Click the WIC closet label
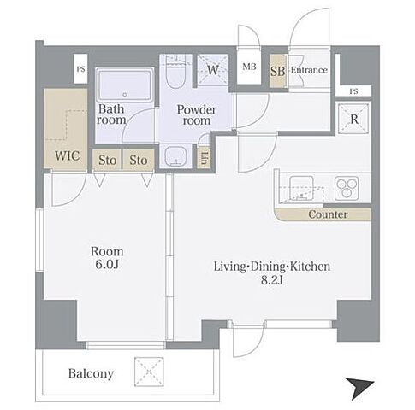(x=67, y=156)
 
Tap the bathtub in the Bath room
(x=125, y=85)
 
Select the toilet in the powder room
(x=175, y=72)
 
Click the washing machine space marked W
(x=213, y=70)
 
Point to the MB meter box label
(x=249, y=67)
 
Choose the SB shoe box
(x=278, y=71)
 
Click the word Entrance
(x=309, y=70)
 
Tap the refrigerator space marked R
(x=353, y=119)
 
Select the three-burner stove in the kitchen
(x=347, y=187)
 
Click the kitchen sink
(x=301, y=188)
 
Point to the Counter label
(x=328, y=214)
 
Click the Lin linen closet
(x=204, y=158)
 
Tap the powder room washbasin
(x=175, y=156)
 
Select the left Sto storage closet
(x=107, y=160)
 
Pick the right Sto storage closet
(x=139, y=160)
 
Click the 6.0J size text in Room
(x=107, y=265)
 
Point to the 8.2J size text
(x=272, y=280)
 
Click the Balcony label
(x=91, y=373)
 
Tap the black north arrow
(x=359, y=388)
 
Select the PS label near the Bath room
(x=80, y=69)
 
